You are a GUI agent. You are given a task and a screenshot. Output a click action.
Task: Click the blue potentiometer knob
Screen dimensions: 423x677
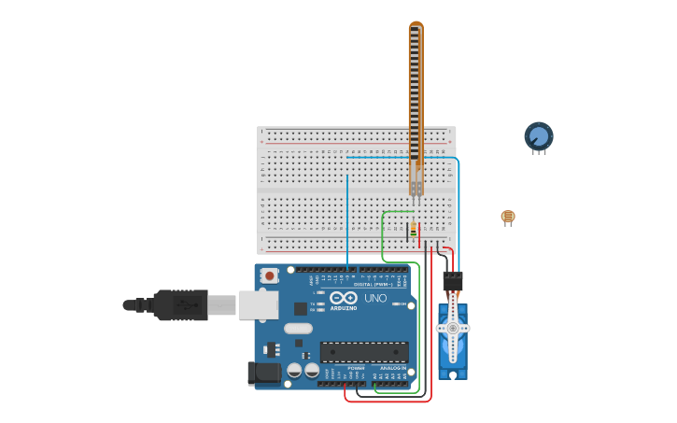[x=539, y=136]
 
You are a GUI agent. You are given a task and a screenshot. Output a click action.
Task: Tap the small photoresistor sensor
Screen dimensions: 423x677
[x=507, y=217]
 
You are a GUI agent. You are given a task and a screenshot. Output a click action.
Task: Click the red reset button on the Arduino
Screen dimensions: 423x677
[x=270, y=275]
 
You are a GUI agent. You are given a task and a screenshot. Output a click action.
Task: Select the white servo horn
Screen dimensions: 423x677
[x=453, y=328]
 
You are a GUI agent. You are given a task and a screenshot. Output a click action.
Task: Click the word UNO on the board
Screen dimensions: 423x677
[x=375, y=298]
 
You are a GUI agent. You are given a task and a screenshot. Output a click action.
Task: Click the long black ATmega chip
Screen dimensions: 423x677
[x=364, y=352]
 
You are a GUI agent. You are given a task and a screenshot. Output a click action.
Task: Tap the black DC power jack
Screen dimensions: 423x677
[x=262, y=374]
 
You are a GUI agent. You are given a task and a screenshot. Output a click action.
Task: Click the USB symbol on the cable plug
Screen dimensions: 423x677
[x=186, y=304]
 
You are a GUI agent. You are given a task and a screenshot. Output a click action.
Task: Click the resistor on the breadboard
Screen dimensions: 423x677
[x=413, y=227]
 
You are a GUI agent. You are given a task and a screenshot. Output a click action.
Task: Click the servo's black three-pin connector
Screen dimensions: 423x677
[x=452, y=280]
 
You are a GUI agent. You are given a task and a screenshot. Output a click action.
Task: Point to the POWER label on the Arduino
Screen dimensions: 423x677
[x=356, y=368]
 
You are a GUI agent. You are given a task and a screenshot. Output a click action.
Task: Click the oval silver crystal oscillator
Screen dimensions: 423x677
[x=298, y=328]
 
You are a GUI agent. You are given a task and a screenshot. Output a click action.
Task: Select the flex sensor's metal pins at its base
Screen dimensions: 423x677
[x=416, y=190]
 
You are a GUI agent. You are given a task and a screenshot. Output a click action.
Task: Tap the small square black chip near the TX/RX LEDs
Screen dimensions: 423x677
[x=301, y=308]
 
